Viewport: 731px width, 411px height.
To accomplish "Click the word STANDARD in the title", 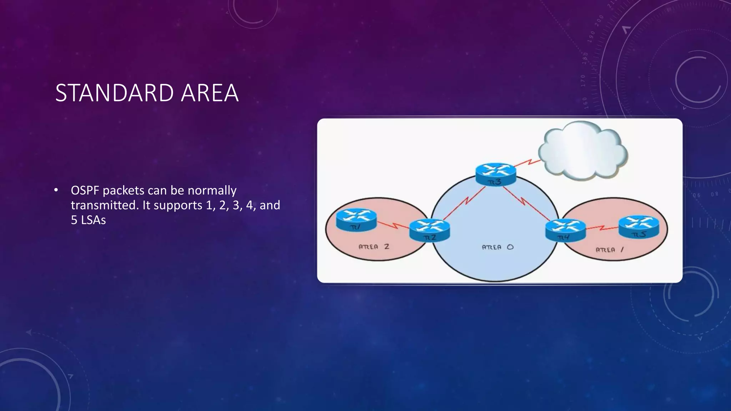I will (x=115, y=93).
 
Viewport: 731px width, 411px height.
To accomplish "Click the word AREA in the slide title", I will (x=210, y=93).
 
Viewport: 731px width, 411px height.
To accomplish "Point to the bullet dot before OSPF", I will (x=56, y=191).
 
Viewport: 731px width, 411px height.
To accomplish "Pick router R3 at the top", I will (x=495, y=174).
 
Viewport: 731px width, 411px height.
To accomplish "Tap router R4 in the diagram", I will (x=565, y=230).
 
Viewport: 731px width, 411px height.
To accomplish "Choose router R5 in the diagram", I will (x=639, y=227).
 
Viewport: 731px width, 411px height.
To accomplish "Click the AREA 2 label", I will (x=374, y=247).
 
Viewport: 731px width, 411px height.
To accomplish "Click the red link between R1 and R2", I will (x=393, y=225).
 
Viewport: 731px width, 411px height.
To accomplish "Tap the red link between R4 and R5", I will (x=602, y=227).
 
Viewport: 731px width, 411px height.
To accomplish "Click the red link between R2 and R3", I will (x=465, y=203).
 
